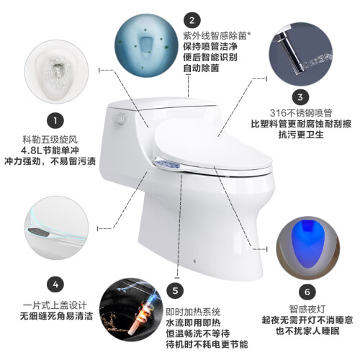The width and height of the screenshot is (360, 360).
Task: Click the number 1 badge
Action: click(x=55, y=120)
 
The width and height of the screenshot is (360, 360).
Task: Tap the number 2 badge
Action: click(x=192, y=20)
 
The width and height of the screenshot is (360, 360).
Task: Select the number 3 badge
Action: click(x=300, y=97)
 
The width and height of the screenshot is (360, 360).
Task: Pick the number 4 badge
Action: click(x=55, y=284)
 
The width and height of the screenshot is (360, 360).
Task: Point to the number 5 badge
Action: click(x=175, y=291)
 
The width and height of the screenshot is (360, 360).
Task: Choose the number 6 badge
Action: click(x=307, y=292)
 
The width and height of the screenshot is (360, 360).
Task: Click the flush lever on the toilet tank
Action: click(x=120, y=118)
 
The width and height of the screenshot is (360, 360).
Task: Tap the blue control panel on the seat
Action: click(x=167, y=164)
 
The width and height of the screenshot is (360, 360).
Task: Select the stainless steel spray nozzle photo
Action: click(x=300, y=54)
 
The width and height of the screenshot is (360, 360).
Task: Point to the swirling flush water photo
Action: click(x=57, y=72)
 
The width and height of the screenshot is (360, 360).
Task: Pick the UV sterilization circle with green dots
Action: click(x=146, y=46)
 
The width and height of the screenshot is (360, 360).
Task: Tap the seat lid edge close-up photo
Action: click(x=57, y=228)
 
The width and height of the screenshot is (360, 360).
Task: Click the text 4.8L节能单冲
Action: click(x=50, y=150)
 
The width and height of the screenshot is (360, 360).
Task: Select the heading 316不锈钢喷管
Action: click(x=301, y=113)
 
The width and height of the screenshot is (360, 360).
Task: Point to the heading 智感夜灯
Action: click(x=307, y=309)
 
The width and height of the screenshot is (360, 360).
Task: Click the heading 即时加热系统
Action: click(x=193, y=312)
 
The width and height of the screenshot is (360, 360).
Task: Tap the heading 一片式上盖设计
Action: click(x=55, y=305)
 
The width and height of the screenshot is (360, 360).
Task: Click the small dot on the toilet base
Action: click(x=194, y=261)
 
